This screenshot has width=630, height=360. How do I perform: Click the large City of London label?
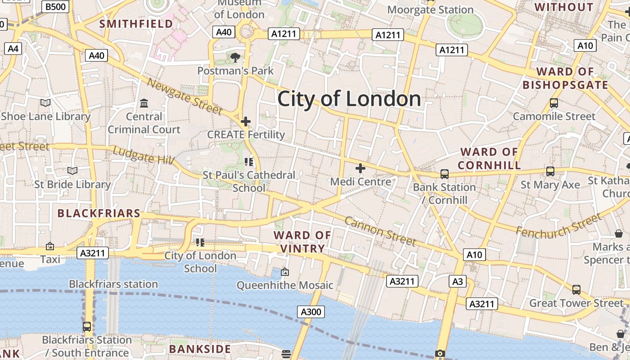pyautogui.click(x=349, y=99)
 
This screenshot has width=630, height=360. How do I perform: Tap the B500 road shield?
pyautogui.click(x=56, y=6)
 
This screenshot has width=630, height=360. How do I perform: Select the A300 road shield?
pyautogui.click(x=310, y=312)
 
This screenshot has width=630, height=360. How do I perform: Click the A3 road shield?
pyautogui.click(x=457, y=282)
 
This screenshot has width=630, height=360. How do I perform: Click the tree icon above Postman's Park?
pyautogui.click(x=235, y=57)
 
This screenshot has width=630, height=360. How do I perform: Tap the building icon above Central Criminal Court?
pyautogui.click(x=144, y=103)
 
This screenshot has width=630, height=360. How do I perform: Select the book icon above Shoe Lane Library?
pyautogui.click(x=45, y=103)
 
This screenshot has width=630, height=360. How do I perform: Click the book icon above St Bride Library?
pyautogui.click(x=72, y=171)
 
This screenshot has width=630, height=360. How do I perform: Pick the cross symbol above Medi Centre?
pyautogui.click(x=360, y=168)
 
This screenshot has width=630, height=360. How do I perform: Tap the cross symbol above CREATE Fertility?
pyautogui.click(x=246, y=121)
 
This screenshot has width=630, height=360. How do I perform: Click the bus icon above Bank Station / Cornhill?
pyautogui.click(x=445, y=174)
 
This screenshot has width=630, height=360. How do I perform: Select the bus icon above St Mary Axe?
pyautogui.click(x=550, y=171)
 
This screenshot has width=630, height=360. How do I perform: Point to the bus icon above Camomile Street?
pyautogui.click(x=554, y=103)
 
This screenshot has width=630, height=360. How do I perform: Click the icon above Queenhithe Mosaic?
pyautogui.click(x=285, y=272)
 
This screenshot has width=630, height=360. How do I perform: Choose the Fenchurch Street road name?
pyautogui.click(x=558, y=225)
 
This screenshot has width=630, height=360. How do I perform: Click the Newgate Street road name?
pyautogui.click(x=185, y=96)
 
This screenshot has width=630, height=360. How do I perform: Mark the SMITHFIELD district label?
pyautogui.click(x=136, y=24)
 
